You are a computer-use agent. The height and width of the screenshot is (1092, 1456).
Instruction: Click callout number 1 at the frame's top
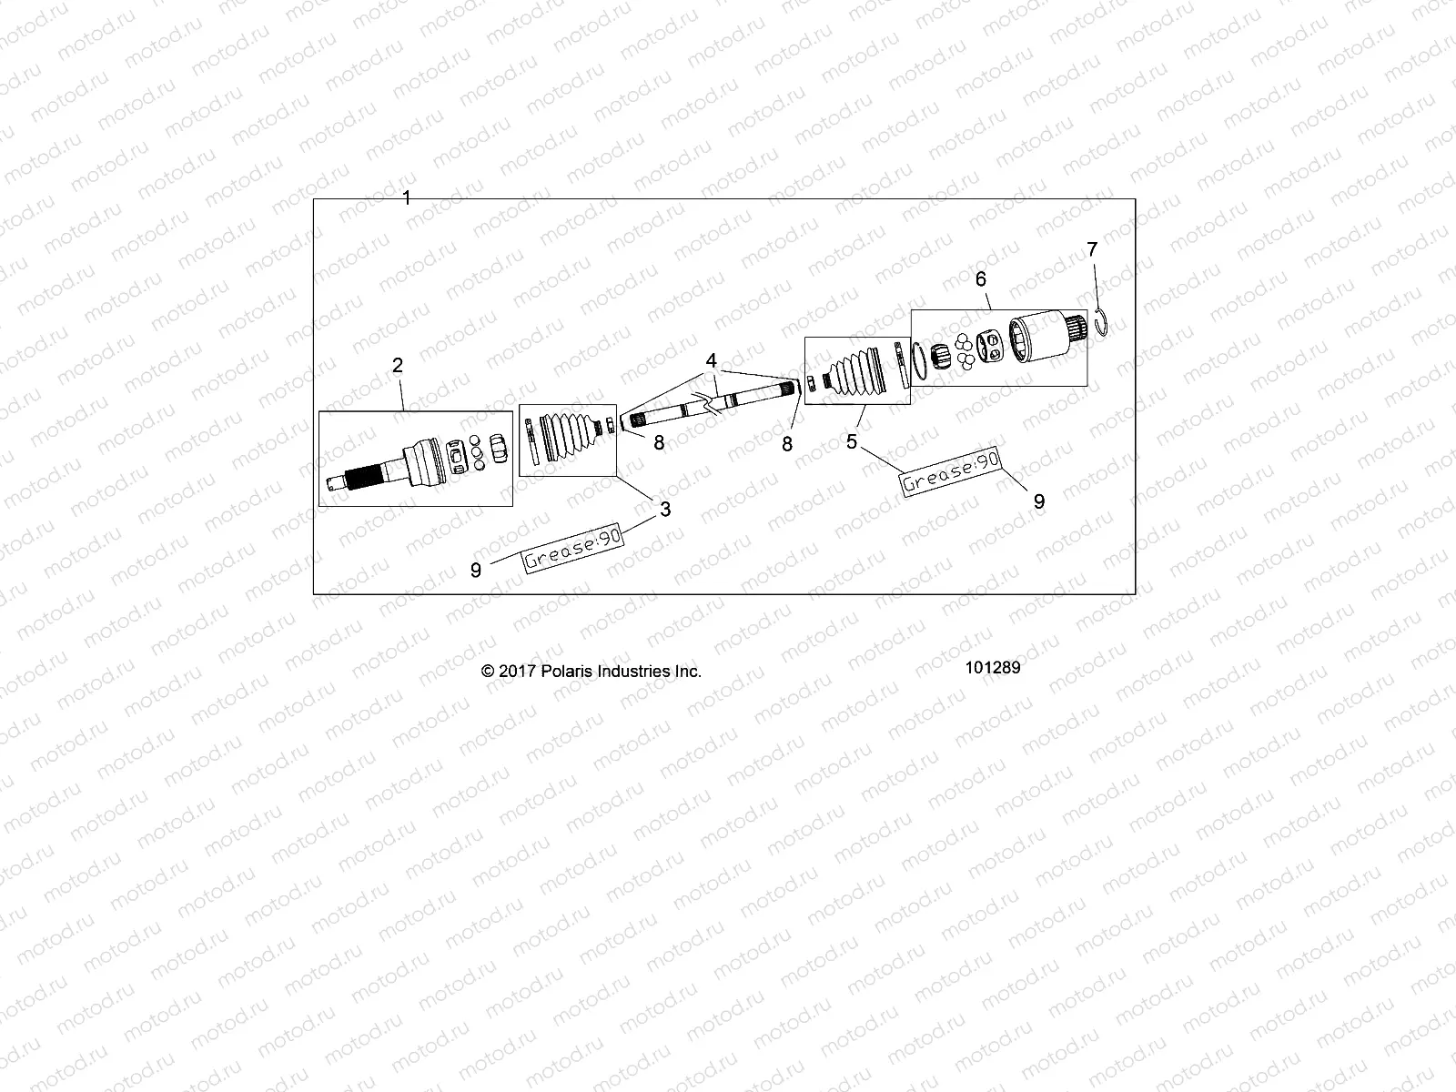[x=407, y=197]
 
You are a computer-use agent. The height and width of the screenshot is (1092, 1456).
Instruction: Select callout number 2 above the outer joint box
[x=398, y=366]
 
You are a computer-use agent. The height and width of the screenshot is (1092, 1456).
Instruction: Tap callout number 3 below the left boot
[x=665, y=510]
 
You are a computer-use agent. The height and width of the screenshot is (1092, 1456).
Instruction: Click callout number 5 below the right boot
[x=852, y=441]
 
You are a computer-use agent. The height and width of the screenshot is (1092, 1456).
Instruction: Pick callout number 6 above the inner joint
[x=981, y=279]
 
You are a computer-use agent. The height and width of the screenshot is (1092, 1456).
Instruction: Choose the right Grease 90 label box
[x=951, y=472]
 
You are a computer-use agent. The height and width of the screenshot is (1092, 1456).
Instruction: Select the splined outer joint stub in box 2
[x=364, y=474]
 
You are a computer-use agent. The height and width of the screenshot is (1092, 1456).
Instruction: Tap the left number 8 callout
[x=659, y=444]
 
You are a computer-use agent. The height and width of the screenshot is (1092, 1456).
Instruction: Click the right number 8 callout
[x=787, y=444]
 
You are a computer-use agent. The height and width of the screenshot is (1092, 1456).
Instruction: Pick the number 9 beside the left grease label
[x=475, y=570]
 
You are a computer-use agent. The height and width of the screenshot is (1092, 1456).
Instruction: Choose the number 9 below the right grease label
[x=1039, y=500]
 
